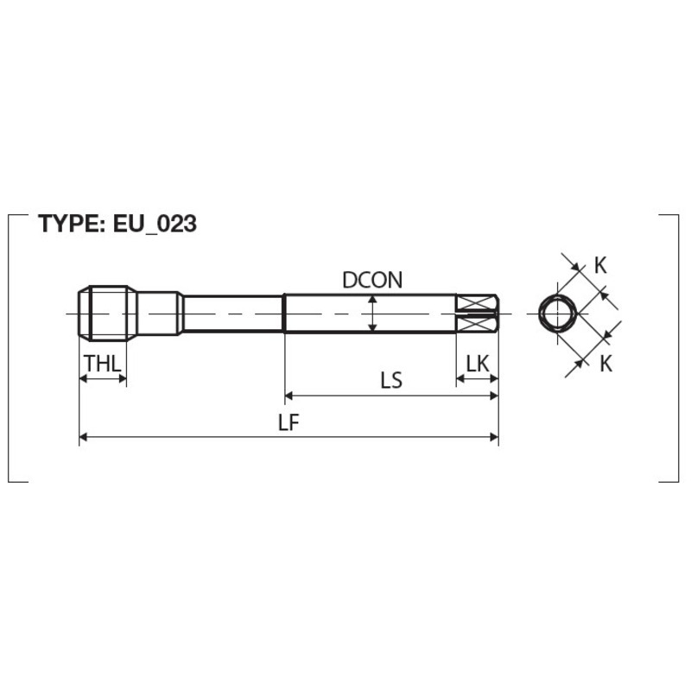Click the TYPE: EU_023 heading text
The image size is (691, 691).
tap(117, 224)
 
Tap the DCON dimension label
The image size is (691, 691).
tap(372, 280)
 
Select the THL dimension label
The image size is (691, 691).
tap(103, 364)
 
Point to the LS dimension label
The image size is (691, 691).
tap(391, 380)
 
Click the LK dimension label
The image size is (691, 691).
tap(478, 364)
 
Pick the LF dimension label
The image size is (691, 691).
tap(288, 422)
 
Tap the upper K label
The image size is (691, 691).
tap(600, 265)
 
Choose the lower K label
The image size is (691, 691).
tap(606, 364)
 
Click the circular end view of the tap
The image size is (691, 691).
tap(558, 314)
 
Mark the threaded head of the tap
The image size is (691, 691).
tap(108, 314)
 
